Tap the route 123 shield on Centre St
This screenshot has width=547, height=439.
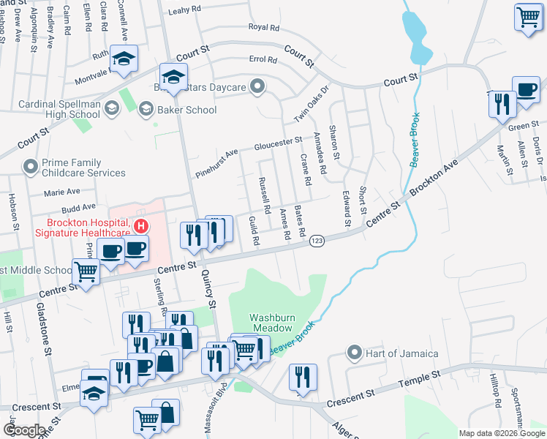317,241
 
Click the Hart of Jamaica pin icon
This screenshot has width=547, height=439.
355,353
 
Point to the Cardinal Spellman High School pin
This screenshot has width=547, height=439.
111,110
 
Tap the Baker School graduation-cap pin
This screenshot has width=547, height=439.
146,110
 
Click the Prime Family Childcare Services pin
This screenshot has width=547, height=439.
31,167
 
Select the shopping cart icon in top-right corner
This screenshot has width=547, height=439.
528,17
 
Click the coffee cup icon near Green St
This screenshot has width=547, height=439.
526,89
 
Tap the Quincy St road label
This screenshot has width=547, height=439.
210,293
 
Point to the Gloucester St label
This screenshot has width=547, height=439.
278,142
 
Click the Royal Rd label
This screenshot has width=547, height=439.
264,27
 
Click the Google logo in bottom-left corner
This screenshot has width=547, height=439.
23,430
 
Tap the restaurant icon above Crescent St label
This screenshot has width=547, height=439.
302,378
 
